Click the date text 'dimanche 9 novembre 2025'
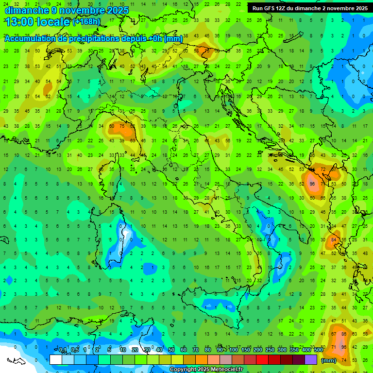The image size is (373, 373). (x=67, y=10)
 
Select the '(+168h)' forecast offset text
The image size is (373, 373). (x=86, y=22)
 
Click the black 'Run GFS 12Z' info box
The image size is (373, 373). (x=309, y=8)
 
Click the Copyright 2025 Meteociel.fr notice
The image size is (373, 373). (x=206, y=370)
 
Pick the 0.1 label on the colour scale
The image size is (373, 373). (x=63, y=350)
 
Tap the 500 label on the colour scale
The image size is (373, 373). (x=318, y=350)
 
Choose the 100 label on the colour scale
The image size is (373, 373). (x=233, y=350)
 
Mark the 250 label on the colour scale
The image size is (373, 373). (x=270, y=350)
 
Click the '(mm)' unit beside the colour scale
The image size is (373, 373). (x=329, y=360)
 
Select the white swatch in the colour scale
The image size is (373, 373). (x=56, y=360)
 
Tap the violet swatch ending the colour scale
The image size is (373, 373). (x=311, y=360)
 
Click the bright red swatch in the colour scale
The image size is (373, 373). (x=262, y=360)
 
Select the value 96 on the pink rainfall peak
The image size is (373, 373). (x=312, y=184)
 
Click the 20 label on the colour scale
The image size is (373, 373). (x=135, y=350)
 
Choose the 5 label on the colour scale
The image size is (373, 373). (x=110, y=350)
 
